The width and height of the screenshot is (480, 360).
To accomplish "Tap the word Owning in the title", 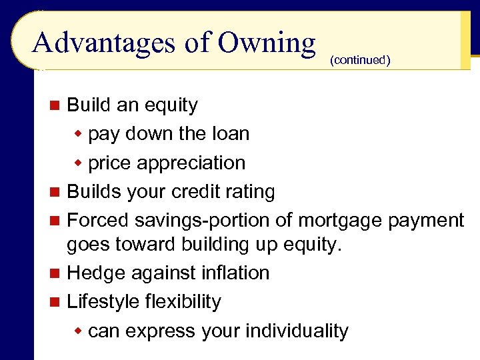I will [267, 43].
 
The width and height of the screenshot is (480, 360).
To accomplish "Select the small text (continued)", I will [359, 61].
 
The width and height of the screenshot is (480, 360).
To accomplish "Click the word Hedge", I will [95, 273].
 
